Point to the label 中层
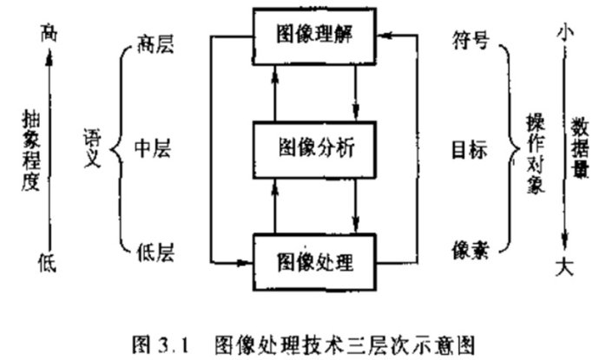click(155, 148)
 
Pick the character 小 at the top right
click(565, 32)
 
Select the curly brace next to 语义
click(115, 148)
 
